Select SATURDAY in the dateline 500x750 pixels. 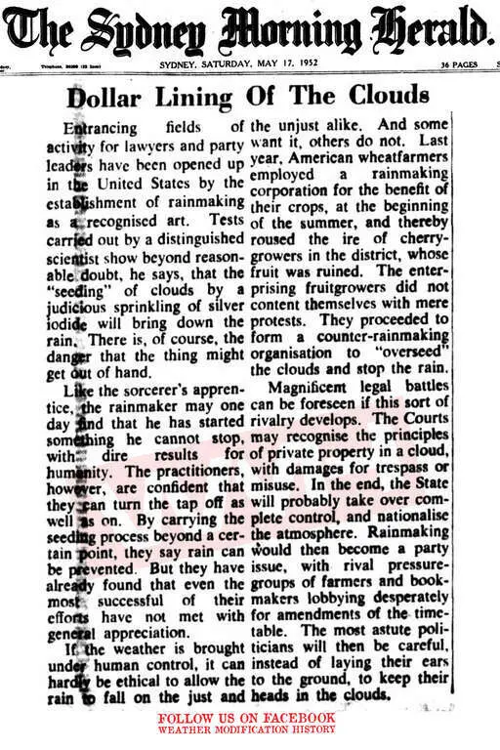pyautogui.click(x=233, y=65)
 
